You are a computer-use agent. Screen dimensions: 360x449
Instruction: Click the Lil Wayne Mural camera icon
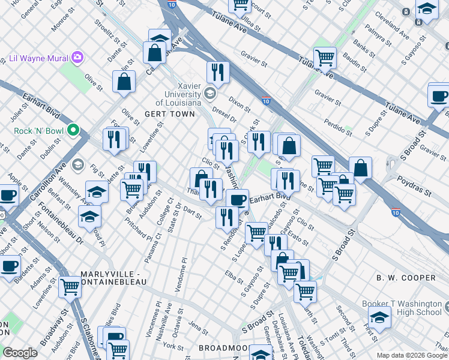77,58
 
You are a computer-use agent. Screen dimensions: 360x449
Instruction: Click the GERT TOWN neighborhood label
170,114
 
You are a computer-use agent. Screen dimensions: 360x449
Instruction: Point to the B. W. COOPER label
406,278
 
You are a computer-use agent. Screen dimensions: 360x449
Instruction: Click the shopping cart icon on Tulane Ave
325,58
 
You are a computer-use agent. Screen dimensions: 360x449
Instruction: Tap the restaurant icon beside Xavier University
218,72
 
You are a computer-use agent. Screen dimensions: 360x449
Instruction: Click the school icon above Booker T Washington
379,317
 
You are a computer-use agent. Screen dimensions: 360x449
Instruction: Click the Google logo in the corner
20,353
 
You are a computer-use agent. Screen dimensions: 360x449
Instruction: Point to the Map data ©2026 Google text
412,355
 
